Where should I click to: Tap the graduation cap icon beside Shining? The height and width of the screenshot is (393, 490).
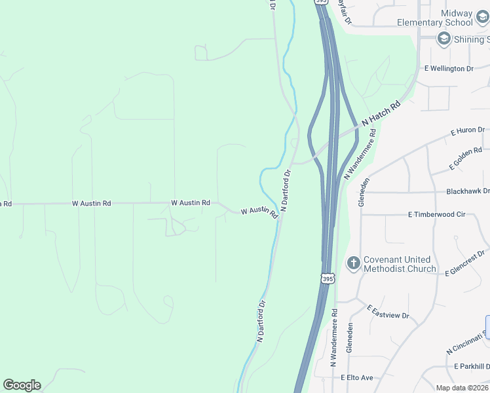tap(443, 39)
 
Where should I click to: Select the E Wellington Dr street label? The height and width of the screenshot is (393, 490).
tap(449, 68)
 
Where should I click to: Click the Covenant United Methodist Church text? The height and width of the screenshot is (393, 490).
tap(400, 264)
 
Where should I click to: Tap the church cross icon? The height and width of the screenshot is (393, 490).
tap(353, 263)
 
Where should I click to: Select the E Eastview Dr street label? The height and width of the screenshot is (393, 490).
tap(388, 312)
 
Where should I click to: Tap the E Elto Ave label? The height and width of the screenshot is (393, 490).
tap(356, 378)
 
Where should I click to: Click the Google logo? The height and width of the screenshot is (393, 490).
tap(22, 385)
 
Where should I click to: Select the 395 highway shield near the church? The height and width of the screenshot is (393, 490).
tap(328, 278)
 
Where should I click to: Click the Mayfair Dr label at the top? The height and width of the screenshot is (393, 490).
tap(344, 12)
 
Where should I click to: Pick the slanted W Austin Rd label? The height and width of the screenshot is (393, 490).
tap(259, 213)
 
